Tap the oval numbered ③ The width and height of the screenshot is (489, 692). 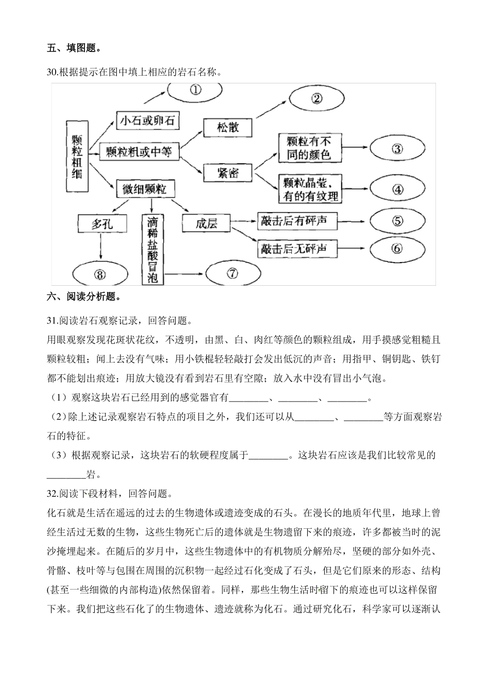pos(396,149)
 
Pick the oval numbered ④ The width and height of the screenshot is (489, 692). pos(397,189)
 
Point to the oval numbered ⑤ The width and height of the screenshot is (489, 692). pos(396,221)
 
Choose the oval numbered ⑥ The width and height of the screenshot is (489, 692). pos(396,249)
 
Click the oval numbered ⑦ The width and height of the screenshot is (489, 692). pos(232,273)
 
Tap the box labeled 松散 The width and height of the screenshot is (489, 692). pos(228,127)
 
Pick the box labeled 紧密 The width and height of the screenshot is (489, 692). pos(228,173)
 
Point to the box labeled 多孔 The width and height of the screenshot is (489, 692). pos(101,224)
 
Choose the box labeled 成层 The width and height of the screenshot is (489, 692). pos(206,223)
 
